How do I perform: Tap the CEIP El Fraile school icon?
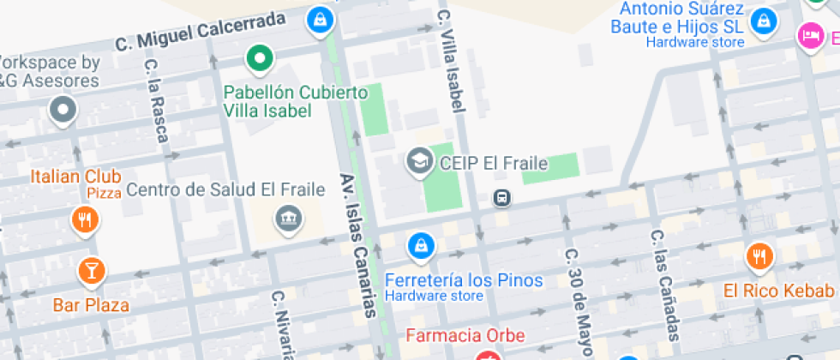(x=419, y=161)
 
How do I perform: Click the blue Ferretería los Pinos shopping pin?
(x=420, y=247)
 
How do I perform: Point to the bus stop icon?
(x=501, y=199)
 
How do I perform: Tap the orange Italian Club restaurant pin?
(x=84, y=220)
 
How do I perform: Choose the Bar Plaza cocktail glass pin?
(x=91, y=272)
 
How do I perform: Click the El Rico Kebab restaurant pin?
(x=759, y=256)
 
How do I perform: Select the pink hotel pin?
(x=809, y=36)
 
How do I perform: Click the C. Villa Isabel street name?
(x=450, y=60)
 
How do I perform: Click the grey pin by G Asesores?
(x=63, y=110)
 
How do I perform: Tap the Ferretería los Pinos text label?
(x=464, y=280)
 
